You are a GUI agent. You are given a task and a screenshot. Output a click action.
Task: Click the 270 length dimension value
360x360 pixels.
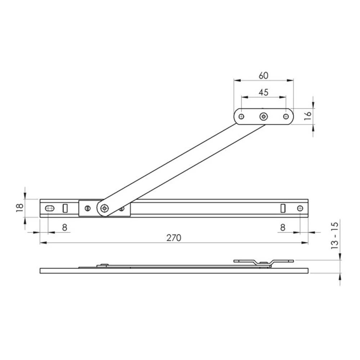pos(174,238)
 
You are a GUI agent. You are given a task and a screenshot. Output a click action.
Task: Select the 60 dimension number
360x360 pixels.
pos(264,76)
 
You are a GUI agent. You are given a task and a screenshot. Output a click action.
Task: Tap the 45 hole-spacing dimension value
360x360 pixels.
pos(264,92)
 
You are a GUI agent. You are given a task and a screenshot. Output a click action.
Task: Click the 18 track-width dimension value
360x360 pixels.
pos(20,208)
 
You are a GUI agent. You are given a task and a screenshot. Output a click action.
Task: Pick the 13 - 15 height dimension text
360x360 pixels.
pos(335,235)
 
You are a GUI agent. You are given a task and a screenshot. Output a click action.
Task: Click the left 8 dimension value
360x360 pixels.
pos(65,228)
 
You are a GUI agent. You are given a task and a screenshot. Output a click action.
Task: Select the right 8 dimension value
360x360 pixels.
pos(283,228)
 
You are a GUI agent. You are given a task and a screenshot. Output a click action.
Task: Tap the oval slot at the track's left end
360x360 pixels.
pos(50,208)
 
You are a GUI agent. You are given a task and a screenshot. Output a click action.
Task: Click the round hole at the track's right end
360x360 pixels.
pos(300,208)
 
